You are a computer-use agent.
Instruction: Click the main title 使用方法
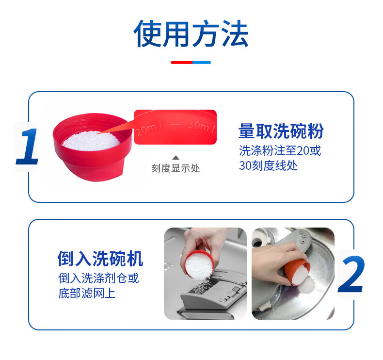[191, 33]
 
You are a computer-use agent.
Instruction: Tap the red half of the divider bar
[181, 63]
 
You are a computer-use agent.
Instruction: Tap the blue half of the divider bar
[202, 63]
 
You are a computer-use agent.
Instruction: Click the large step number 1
[27, 146]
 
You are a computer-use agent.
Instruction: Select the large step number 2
[351, 274]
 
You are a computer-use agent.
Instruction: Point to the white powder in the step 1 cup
[91, 141]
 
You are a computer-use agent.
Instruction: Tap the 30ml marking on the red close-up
[202, 126]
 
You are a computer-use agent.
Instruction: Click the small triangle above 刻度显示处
[176, 158]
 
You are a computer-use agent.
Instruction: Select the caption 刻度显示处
[176, 168]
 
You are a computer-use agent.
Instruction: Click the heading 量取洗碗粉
[281, 131]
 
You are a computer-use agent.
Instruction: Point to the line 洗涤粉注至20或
[280, 150]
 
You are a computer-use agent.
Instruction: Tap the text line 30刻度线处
[268, 165]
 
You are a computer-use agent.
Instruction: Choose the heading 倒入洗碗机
[100, 258]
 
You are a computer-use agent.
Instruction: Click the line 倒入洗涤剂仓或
[98, 278]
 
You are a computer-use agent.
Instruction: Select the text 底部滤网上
[87, 293]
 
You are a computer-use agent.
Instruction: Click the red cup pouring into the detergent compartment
[199, 265]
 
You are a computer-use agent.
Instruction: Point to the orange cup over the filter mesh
[297, 272]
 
